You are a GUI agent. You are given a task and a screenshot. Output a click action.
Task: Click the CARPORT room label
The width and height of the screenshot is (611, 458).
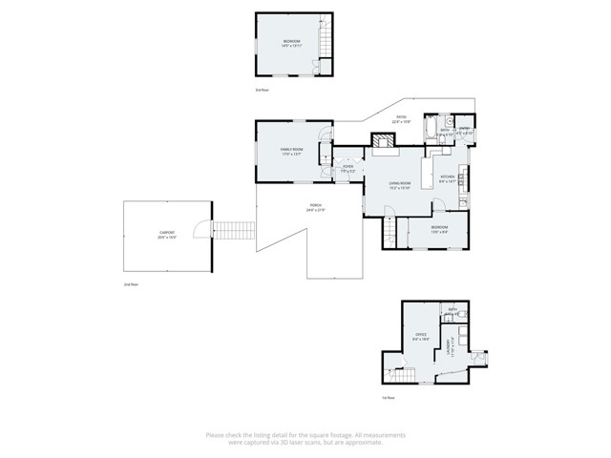click(x=167, y=235)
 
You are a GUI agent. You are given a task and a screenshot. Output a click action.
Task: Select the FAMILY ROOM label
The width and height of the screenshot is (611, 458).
click(x=291, y=151)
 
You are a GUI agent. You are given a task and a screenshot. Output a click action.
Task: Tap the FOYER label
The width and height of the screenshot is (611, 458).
click(x=348, y=168)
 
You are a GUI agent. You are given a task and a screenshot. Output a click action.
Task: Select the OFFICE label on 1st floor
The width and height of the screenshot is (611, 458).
click(x=420, y=336)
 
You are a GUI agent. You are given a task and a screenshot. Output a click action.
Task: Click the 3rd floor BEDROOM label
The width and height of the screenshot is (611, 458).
click(x=291, y=43)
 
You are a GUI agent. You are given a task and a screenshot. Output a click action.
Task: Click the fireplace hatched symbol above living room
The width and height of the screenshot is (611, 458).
click(x=385, y=144)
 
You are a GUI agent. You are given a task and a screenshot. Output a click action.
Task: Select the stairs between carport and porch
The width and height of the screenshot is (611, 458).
click(x=234, y=231)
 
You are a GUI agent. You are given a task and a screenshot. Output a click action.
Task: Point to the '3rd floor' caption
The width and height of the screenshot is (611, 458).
click(x=263, y=90)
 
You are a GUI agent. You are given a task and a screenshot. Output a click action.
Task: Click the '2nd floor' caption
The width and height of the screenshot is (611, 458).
click(x=131, y=284)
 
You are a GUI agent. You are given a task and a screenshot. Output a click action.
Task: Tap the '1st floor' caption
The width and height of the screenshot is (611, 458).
click(x=389, y=397)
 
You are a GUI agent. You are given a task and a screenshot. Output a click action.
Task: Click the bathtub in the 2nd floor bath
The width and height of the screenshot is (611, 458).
click(x=429, y=127)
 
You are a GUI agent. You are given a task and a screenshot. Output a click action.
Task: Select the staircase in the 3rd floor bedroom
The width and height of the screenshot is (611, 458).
click(x=325, y=42)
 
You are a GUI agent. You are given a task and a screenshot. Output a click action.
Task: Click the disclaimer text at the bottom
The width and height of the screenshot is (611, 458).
click(x=305, y=439)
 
